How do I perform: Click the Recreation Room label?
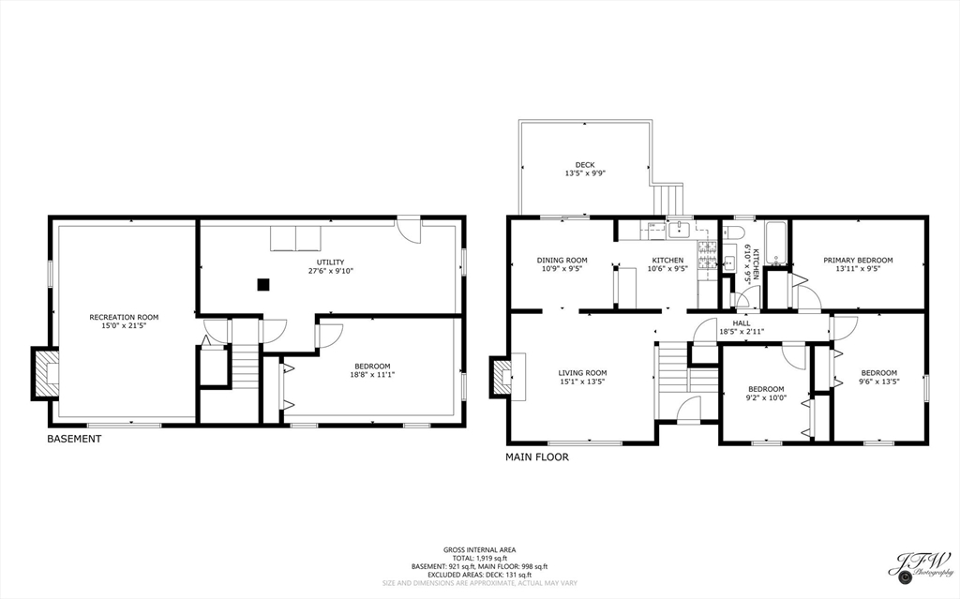click(118, 317)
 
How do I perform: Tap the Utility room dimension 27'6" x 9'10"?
click(329, 272)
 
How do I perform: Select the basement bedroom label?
click(372, 366)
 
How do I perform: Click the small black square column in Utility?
click(264, 284)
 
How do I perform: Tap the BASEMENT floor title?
click(74, 439)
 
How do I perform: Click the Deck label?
click(585, 165)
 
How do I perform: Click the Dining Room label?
click(562, 260)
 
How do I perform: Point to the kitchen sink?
click(679, 229)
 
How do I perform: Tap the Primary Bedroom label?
click(858, 260)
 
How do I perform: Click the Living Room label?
click(582, 372)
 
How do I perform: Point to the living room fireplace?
click(502, 377)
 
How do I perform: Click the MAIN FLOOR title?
click(537, 457)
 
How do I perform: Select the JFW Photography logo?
click(920, 565)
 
